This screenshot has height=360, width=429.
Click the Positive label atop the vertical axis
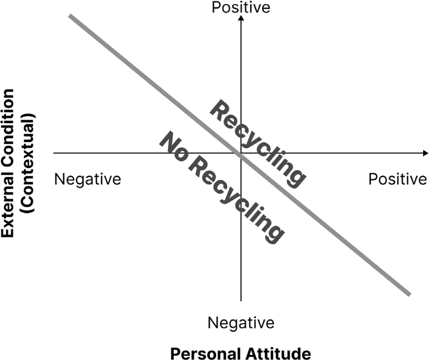point(241,7)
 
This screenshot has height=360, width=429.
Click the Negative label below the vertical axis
point(241,323)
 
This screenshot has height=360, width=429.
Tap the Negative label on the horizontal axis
point(87,178)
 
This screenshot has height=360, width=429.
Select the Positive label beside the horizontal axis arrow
point(397,178)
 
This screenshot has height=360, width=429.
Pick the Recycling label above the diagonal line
point(257,142)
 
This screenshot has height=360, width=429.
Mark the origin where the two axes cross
point(241,153)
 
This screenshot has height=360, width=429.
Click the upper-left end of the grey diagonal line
point(71,17)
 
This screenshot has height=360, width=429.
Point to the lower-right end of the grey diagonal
point(409,294)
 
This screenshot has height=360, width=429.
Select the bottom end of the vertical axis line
point(241,301)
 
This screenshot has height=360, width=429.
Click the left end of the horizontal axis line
point(55,153)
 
